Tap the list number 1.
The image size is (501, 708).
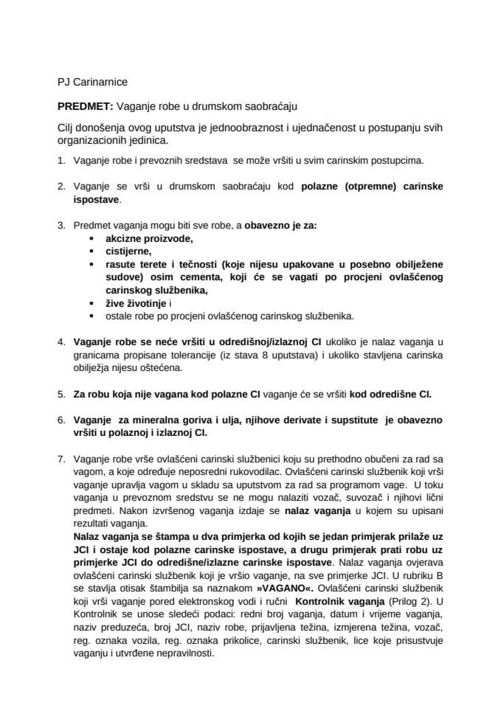pyautogui.click(x=61, y=159)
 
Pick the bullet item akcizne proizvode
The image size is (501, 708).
pyautogui.click(x=139, y=239)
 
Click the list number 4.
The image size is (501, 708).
pyautogui.click(x=61, y=341)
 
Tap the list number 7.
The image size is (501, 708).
pyautogui.click(x=61, y=459)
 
